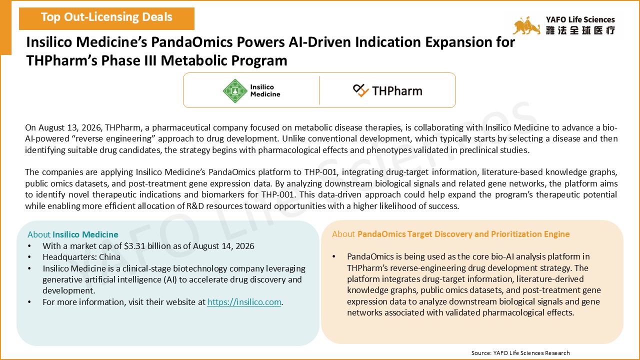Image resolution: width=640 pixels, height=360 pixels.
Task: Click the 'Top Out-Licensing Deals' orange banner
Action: tap(106, 18)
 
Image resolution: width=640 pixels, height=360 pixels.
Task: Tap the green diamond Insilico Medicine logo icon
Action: tap(235, 91)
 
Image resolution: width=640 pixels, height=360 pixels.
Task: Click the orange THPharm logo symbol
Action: tap(361, 90)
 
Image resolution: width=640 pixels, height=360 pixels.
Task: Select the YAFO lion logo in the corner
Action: tap(526, 25)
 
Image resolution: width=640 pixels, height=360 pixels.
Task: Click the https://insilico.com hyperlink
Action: tap(244, 302)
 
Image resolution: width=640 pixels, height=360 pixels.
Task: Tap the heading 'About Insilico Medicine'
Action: tap(73, 234)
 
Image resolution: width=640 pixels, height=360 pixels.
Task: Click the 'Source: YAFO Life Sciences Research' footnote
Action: tap(520, 353)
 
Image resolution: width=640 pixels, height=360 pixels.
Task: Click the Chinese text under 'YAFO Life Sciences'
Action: tap(580, 30)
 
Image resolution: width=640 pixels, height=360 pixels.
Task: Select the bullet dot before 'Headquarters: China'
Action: tap(29, 257)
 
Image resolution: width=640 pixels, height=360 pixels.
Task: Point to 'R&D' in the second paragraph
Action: tap(195, 206)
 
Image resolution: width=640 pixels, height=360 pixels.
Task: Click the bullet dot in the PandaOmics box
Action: tap(333, 256)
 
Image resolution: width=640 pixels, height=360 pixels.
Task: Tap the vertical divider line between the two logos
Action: tap(319, 90)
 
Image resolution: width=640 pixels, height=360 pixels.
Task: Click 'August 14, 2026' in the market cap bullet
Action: tap(224, 246)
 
